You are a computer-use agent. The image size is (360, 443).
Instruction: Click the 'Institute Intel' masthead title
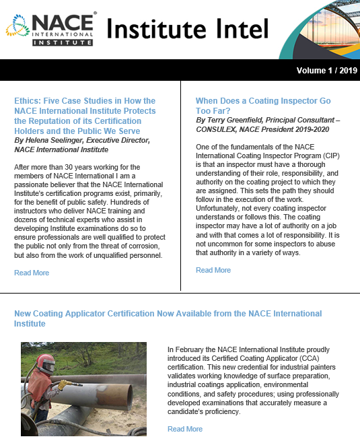tap(188, 29)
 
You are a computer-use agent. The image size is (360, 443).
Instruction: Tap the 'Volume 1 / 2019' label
tap(326, 70)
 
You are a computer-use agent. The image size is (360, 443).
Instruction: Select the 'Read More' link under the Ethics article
tap(32, 273)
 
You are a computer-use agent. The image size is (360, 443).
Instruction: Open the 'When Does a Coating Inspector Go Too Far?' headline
tap(262, 106)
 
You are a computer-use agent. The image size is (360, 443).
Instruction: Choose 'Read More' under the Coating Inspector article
tap(213, 270)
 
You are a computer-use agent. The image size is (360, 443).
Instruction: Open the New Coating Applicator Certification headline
tap(168, 318)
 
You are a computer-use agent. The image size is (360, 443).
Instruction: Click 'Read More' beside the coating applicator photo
tap(185, 429)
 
